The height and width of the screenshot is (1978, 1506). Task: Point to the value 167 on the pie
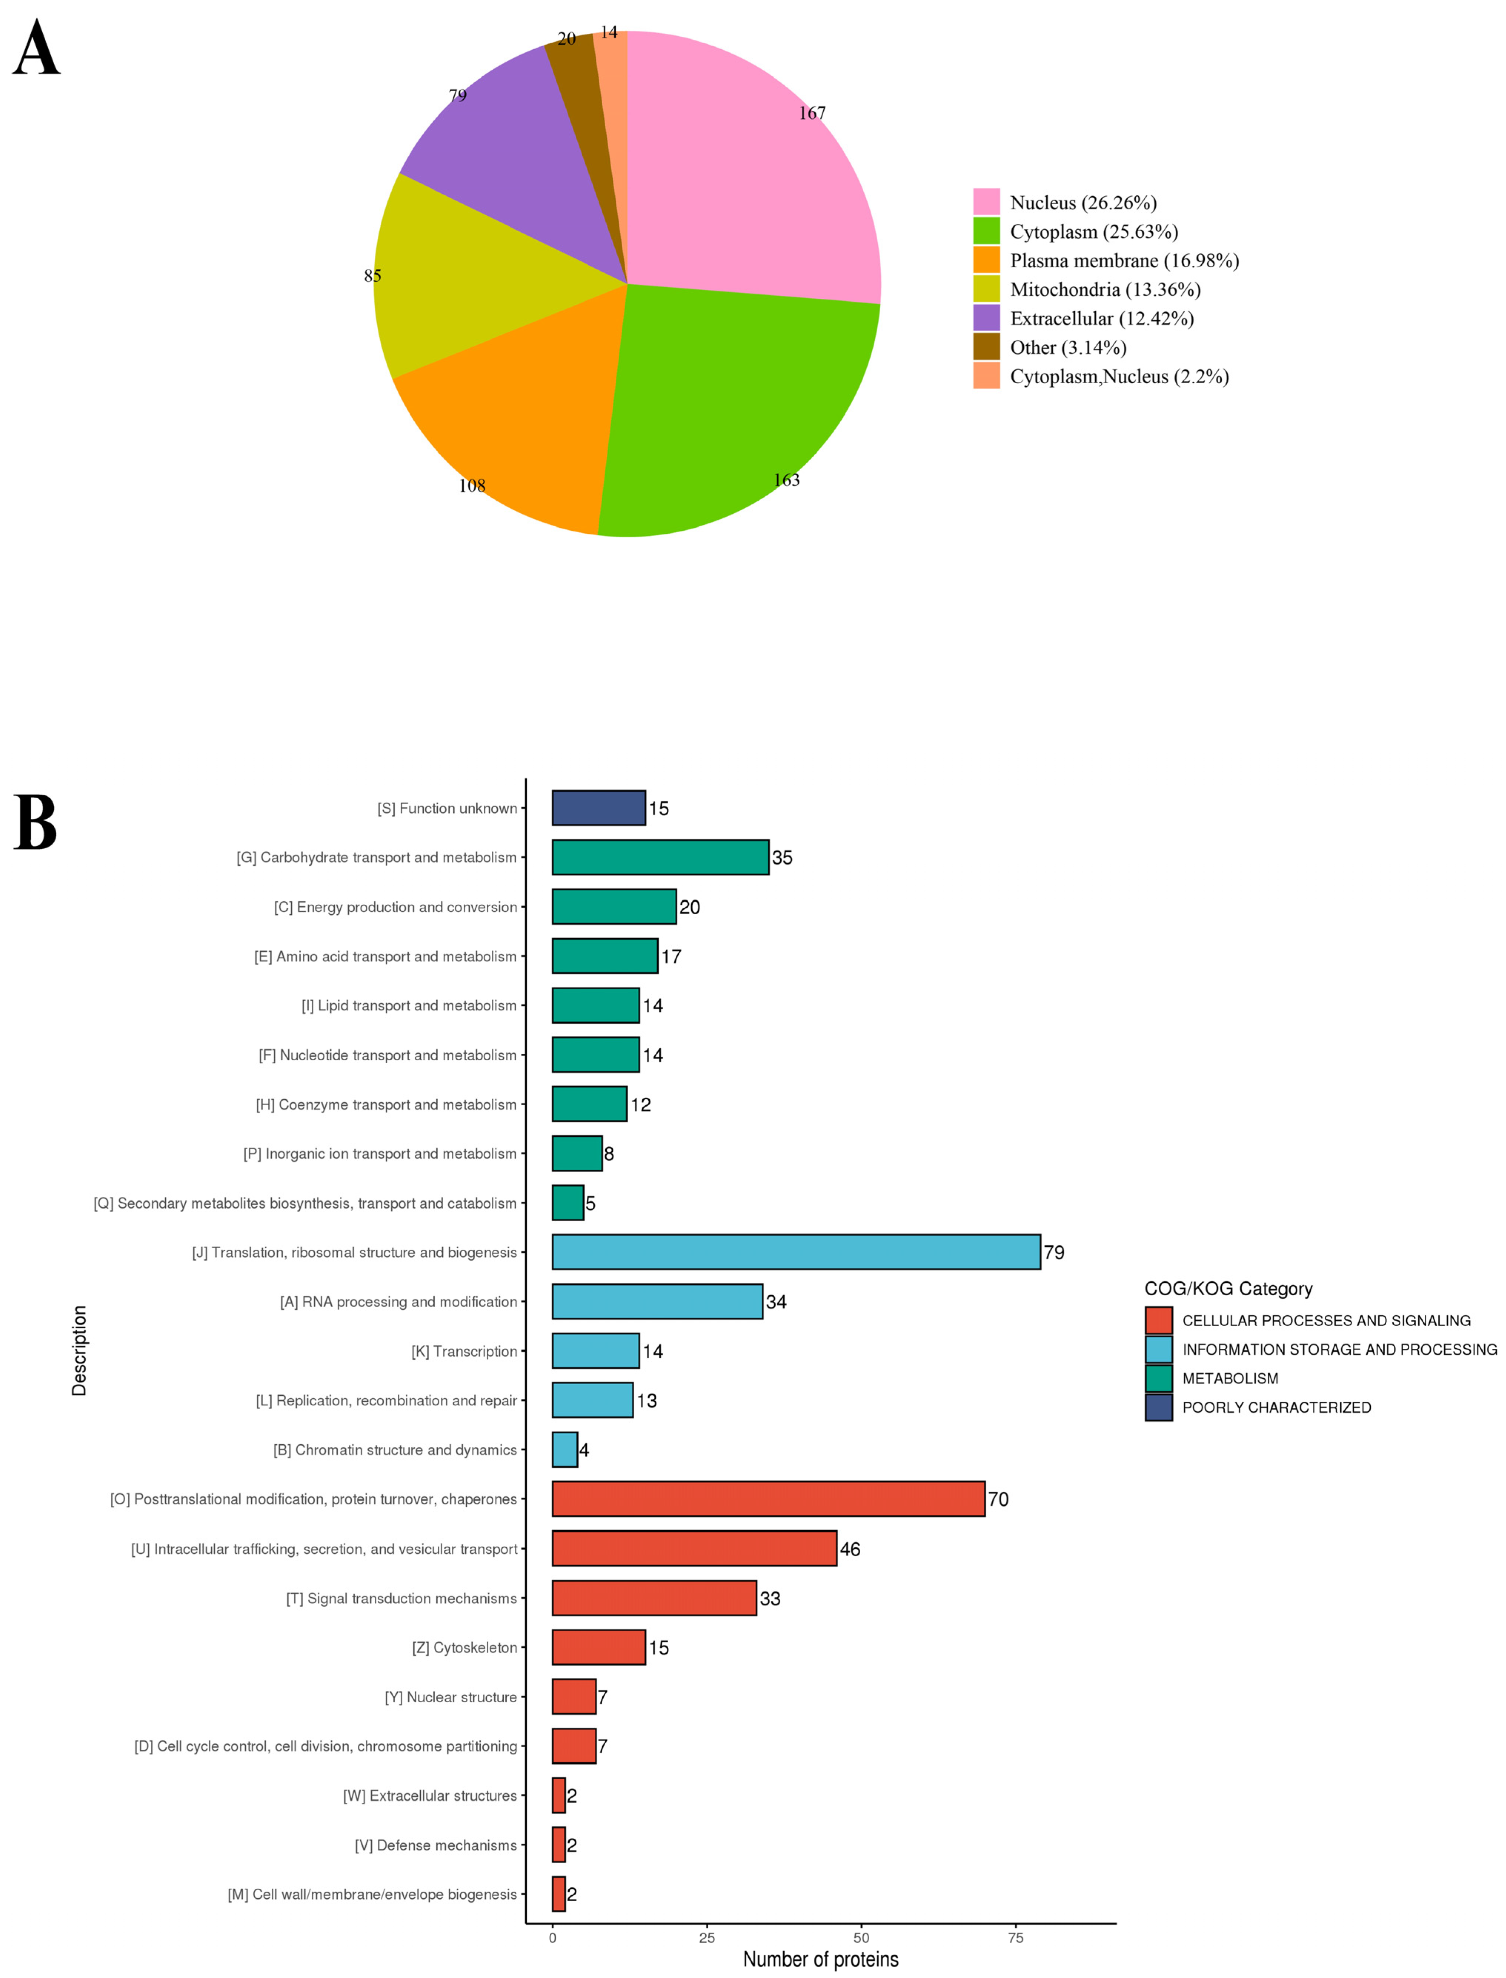coord(812,113)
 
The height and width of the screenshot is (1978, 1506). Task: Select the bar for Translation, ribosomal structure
coord(796,1252)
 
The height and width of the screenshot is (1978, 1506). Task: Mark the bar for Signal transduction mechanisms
coord(653,1598)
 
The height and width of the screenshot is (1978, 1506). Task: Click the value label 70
coord(998,1500)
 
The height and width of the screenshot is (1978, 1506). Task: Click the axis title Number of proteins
coord(820,1959)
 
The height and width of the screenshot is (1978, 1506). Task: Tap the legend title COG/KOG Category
coord(1228,1289)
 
